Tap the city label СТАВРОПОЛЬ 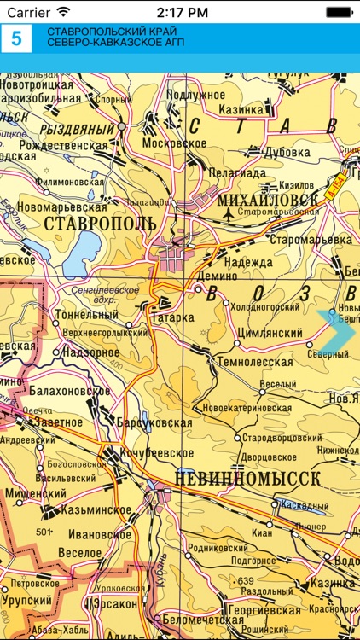coord(99,223)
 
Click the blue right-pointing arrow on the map coord(338,329)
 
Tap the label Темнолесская coord(254,362)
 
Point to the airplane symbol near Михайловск coord(228,216)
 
